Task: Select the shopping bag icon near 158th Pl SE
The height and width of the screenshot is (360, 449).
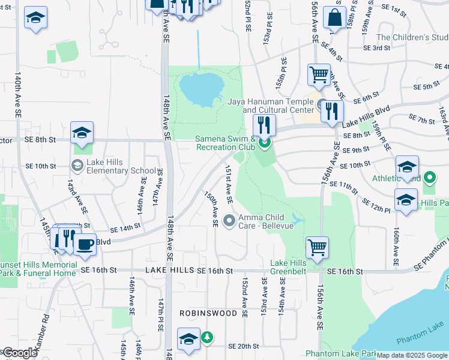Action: (x=334, y=18)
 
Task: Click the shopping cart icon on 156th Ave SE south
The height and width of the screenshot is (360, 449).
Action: (x=317, y=247)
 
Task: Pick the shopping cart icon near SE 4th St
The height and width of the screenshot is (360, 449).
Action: (x=319, y=75)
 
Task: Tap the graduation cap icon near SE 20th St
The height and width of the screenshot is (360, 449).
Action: (x=188, y=338)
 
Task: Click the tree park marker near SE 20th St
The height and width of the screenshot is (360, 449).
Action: (x=206, y=337)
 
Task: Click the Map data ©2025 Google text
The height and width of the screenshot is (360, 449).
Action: (x=411, y=355)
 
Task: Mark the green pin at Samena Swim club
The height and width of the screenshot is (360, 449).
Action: (x=265, y=143)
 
